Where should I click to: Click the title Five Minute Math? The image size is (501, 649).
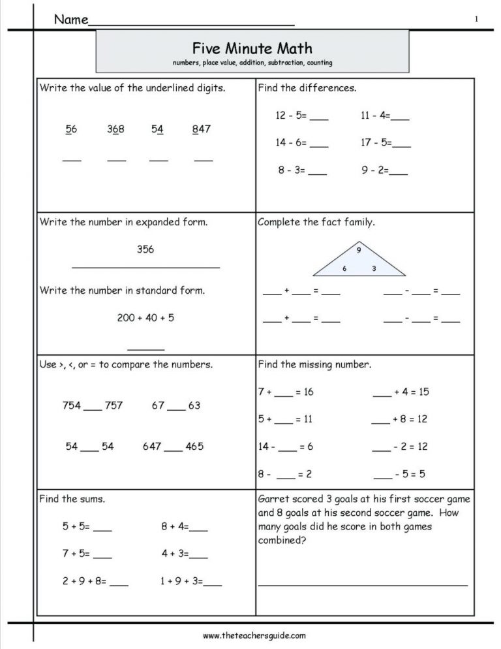252,48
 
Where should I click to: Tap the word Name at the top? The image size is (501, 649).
70,20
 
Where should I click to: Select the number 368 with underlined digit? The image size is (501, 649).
116,129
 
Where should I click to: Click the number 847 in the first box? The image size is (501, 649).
202,129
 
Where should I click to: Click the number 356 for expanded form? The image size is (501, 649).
145,249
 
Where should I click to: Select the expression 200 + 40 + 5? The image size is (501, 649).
145,318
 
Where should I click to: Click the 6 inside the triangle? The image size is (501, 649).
344,268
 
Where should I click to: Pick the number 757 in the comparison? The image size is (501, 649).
114,405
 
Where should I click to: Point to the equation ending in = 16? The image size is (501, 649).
286,392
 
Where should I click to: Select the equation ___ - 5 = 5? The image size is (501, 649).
399,474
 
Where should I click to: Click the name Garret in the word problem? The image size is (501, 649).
274,499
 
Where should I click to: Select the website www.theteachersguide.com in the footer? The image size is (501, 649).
254,635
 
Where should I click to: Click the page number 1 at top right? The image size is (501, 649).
476,20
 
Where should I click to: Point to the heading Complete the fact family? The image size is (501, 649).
316,222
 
